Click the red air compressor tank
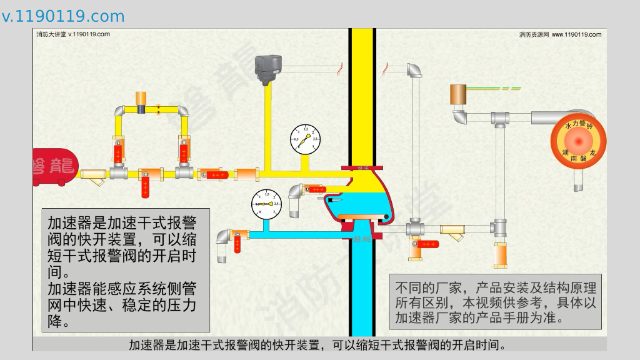point(54,167)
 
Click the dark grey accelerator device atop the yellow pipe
point(268,66)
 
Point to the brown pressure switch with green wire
point(458,94)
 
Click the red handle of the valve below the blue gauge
point(238,244)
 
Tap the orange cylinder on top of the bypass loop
point(141,97)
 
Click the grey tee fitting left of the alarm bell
point(499,118)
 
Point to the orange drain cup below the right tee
point(501,254)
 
